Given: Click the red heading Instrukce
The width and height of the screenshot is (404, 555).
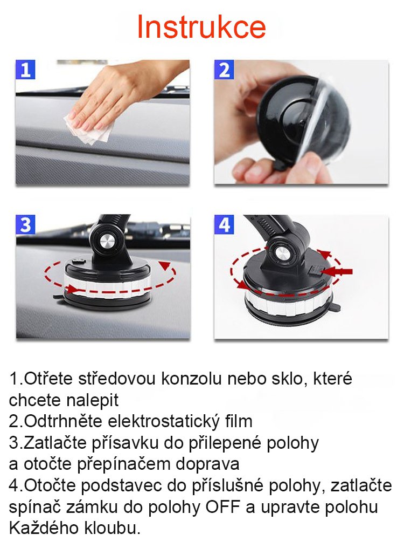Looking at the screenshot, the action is pyautogui.click(x=201, y=27).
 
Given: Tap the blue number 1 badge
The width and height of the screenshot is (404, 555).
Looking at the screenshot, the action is pyautogui.click(x=25, y=70).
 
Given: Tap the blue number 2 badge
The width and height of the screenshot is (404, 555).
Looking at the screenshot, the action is pyautogui.click(x=225, y=70).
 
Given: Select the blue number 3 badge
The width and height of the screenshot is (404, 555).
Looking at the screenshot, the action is pyautogui.click(x=25, y=224).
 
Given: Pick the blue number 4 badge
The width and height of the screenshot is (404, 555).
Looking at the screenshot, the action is pyautogui.click(x=225, y=224).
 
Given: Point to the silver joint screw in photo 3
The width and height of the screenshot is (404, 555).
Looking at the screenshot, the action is pyautogui.click(x=107, y=242).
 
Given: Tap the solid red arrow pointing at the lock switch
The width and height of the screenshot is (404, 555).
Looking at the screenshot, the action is pyautogui.click(x=338, y=272).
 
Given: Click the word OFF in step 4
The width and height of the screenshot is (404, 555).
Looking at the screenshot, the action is pyautogui.click(x=222, y=507).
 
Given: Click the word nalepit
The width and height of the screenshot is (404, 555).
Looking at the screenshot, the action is pyautogui.click(x=92, y=401).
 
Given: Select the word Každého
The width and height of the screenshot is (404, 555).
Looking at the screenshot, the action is pyautogui.click(x=44, y=528).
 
